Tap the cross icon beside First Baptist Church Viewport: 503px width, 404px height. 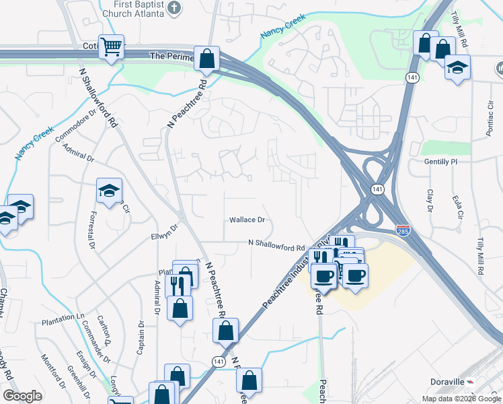pyautogui.click(x=174, y=9)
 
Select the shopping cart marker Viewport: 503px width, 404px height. pyautogui.click(x=112, y=47)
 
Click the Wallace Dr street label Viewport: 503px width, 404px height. pyautogui.click(x=247, y=220)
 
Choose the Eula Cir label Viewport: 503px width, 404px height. pyautogui.click(x=459, y=207)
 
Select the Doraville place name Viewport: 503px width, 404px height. pyautogui.click(x=447, y=382)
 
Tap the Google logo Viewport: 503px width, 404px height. pyautogui.click(x=22, y=396)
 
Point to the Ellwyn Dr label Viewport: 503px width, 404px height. pyautogui.click(x=164, y=232)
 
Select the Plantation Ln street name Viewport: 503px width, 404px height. pyautogui.click(x=64, y=316)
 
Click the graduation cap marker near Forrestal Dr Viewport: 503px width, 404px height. pyautogui.click(x=109, y=191)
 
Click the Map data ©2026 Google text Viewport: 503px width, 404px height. pyautogui.click(x=461, y=399)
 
